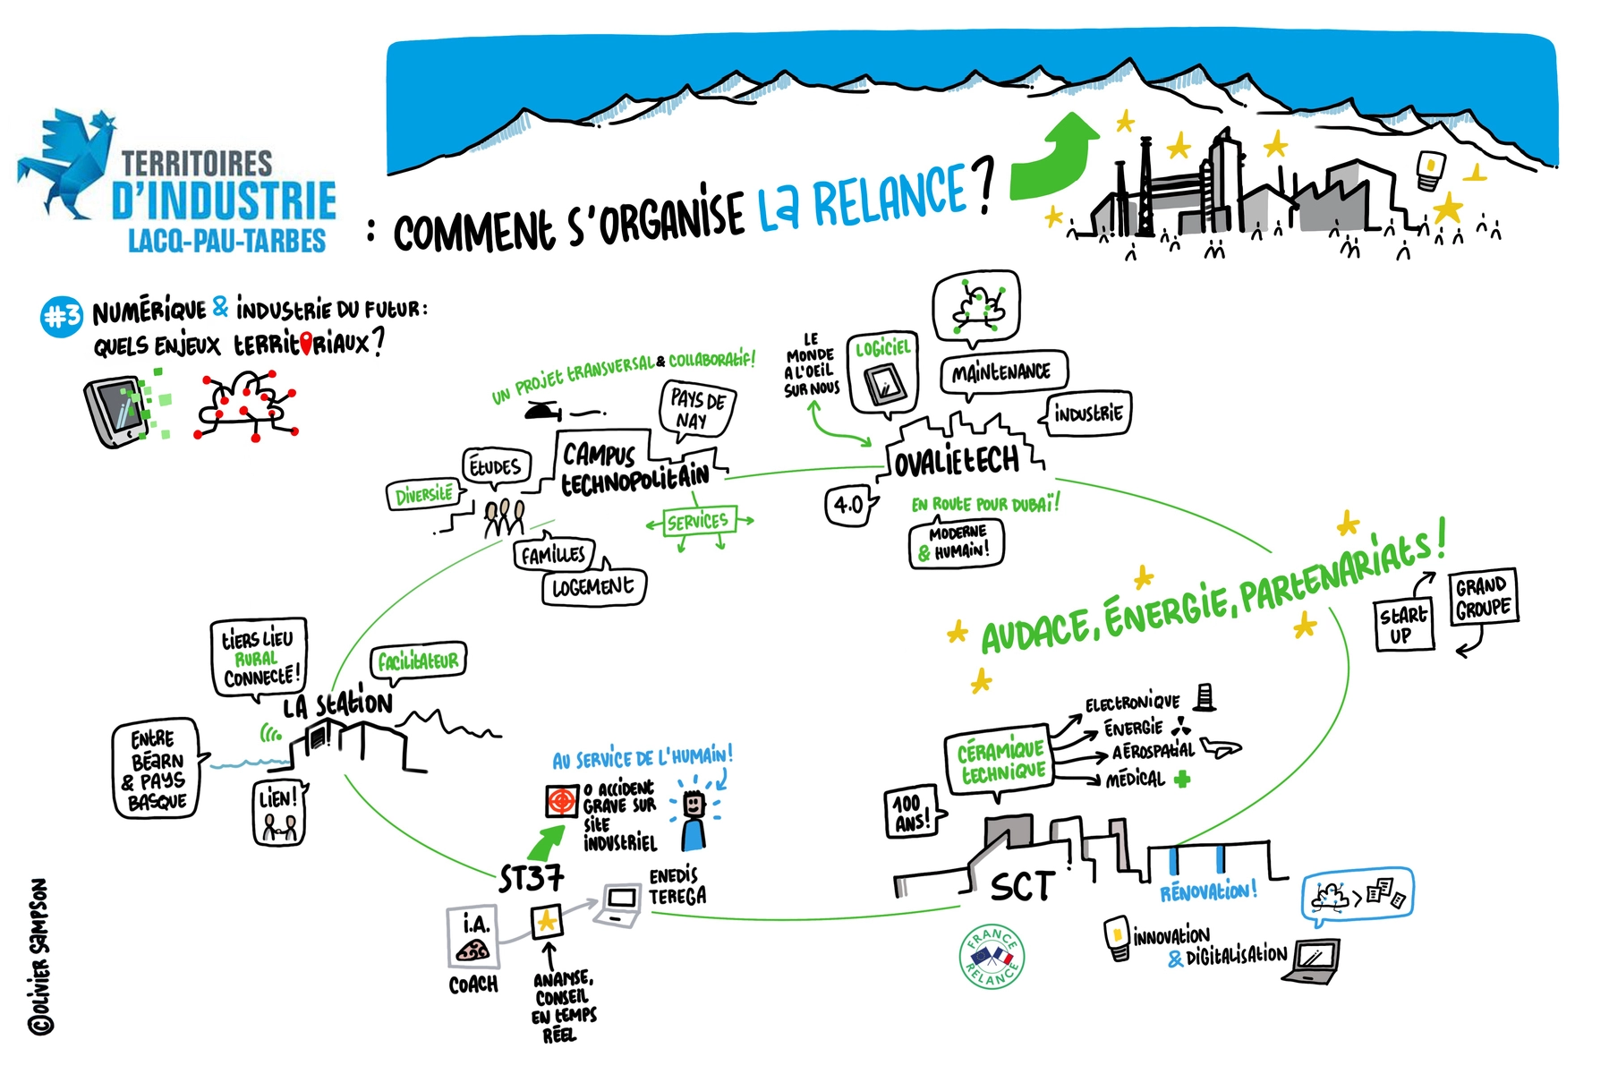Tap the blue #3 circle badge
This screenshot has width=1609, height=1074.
[62, 317]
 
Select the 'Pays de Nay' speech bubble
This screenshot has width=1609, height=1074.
[698, 410]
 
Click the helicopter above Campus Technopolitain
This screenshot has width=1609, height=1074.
[543, 411]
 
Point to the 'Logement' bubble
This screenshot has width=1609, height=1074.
[593, 587]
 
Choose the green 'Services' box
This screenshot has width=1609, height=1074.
[698, 521]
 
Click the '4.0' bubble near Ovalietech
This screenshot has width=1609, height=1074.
[847, 506]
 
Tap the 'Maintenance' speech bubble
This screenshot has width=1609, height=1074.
[1002, 372]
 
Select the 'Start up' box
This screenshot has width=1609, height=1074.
[1403, 625]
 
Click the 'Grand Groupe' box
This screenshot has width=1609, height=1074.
[1484, 597]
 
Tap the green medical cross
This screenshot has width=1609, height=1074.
[1182, 780]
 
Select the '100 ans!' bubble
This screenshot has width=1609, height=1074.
[912, 812]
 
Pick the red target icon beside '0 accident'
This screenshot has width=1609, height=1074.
[562, 801]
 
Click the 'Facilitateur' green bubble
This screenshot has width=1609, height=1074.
[419, 661]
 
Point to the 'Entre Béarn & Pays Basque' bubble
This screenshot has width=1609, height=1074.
[157, 769]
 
